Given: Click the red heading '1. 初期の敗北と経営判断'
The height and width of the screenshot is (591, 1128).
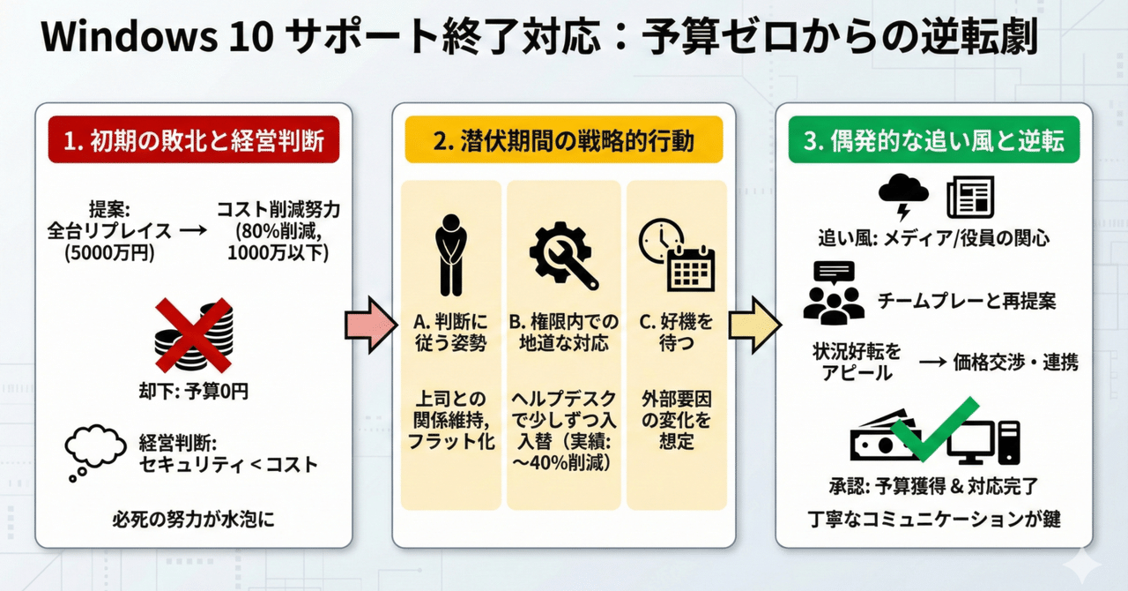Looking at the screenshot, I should [195, 140].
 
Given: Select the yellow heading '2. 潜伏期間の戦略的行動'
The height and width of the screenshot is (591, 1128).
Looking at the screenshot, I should [563, 140].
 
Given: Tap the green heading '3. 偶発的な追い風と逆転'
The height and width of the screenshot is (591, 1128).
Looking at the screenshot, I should [934, 140].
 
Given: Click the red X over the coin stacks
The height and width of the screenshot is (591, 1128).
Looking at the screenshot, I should [193, 336].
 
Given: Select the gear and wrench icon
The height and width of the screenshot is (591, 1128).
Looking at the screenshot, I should [563, 252].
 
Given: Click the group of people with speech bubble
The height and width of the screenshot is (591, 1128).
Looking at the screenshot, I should [833, 292].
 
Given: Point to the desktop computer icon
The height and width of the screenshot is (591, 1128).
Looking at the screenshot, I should [984, 441].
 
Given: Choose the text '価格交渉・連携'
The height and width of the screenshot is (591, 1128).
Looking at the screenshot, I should [1016, 363].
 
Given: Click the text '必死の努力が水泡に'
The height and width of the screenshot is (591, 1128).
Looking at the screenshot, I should [193, 520].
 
